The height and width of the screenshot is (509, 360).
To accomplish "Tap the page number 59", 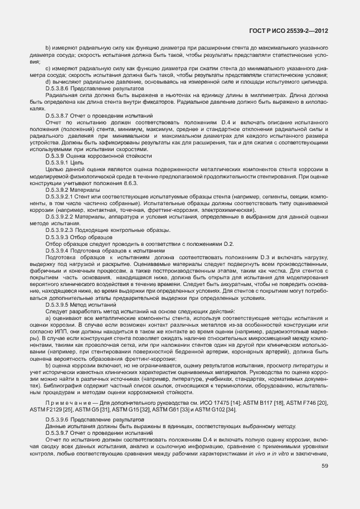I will tap(325, 466).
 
